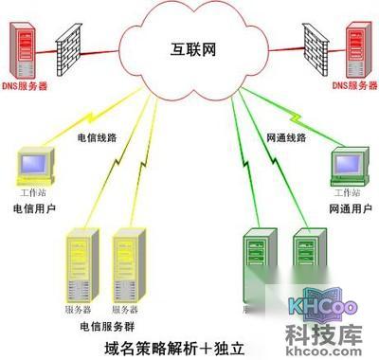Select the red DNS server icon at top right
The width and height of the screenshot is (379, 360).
coord(353,50)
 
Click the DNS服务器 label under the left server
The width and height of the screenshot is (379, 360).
coord(27,88)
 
